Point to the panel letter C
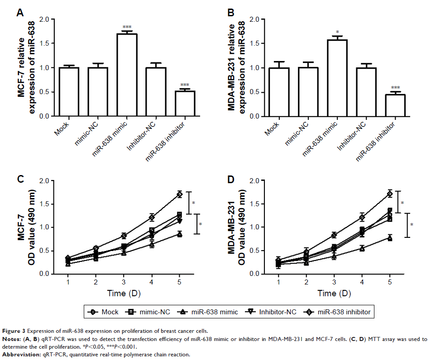tap(20, 180)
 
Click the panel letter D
tap(230, 180)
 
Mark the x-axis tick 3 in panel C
tap(124, 282)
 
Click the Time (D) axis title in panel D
tap(333, 293)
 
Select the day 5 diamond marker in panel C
tap(180, 194)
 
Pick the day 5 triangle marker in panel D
tap(390, 237)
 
